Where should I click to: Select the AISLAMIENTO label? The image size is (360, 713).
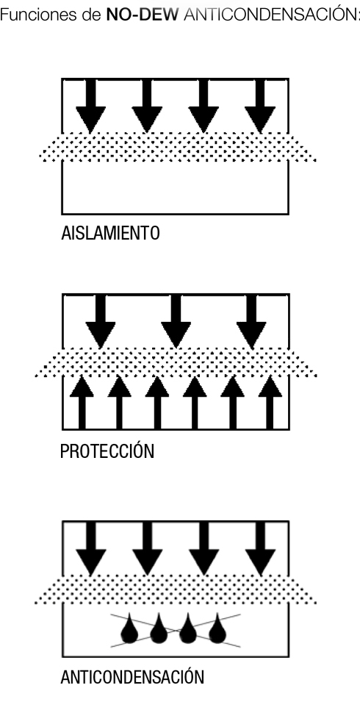(x=110, y=233)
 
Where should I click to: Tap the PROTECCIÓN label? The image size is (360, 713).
(x=107, y=451)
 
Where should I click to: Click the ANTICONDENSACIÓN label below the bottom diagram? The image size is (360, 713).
(x=132, y=677)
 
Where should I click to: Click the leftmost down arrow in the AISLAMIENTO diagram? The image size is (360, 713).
(x=91, y=106)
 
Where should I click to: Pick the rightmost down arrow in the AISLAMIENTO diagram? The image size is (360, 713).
(x=260, y=106)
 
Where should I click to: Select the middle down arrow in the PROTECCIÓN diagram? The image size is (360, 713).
(x=176, y=321)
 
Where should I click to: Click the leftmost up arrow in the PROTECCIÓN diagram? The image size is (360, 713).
(x=82, y=402)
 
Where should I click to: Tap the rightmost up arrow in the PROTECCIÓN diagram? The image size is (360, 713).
(x=270, y=402)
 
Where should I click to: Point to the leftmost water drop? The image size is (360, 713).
(x=129, y=628)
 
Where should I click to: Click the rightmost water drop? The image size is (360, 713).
(x=217, y=628)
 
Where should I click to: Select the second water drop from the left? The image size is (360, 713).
(x=159, y=628)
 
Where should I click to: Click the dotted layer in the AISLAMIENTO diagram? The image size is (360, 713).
(x=177, y=147)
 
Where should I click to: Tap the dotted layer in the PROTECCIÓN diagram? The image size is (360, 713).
(x=176, y=362)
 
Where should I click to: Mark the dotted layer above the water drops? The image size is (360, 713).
(x=176, y=590)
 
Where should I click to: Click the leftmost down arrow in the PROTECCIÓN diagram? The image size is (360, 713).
(x=101, y=321)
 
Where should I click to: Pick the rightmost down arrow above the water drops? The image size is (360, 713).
(x=261, y=548)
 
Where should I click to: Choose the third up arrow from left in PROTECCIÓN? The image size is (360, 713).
(x=157, y=402)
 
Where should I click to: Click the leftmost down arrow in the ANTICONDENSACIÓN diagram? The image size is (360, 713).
(x=91, y=548)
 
